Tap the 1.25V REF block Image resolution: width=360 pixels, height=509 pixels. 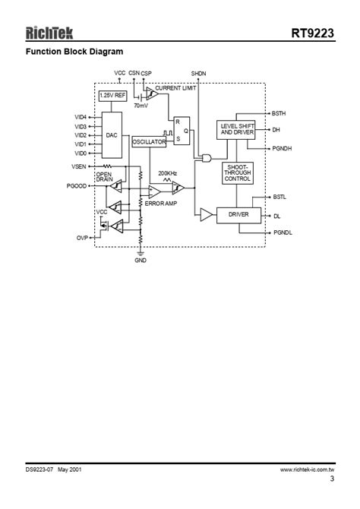click(x=112, y=96)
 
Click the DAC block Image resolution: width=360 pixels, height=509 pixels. click(x=112, y=134)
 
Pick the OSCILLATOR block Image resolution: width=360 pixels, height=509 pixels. click(x=149, y=142)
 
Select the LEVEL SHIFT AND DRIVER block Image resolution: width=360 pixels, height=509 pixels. click(x=237, y=129)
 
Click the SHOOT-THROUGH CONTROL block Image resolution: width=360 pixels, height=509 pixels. click(x=238, y=173)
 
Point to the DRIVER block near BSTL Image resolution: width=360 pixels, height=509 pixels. click(x=238, y=216)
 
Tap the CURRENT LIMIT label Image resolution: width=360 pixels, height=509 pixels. click(x=175, y=89)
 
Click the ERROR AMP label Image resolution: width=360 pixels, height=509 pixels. click(x=161, y=204)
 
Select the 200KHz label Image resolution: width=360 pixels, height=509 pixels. click(x=168, y=173)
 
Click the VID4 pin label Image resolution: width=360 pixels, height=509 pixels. click(x=81, y=117)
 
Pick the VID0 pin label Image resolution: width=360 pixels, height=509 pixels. click(x=81, y=153)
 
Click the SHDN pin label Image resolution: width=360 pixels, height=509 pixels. click(x=197, y=73)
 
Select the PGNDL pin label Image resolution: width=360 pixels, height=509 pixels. click(x=281, y=232)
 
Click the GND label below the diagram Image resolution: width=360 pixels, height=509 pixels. click(x=141, y=261)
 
